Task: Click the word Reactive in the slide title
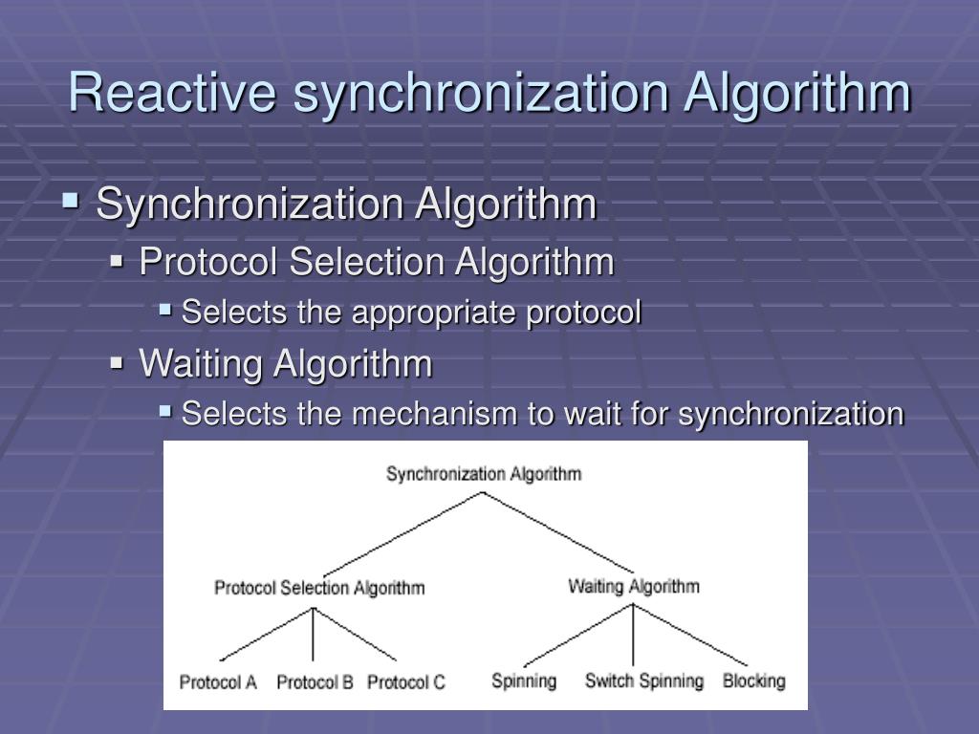coord(172,94)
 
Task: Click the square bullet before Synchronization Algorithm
coord(70,202)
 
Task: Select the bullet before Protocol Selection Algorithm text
coord(118,260)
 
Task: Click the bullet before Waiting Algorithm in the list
coord(118,363)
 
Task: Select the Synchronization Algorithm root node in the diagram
coord(484,473)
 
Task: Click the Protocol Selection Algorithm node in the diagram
coord(319,588)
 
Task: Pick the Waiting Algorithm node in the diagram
coord(633,586)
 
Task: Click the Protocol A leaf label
coord(218,682)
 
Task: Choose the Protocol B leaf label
coord(315,682)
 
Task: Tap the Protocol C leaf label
coord(406,682)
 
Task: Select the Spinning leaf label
coord(523,680)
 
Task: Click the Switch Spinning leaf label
coord(643,680)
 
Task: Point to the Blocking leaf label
coord(753,680)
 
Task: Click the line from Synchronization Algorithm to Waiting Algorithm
coord(559,532)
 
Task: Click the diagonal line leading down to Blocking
coord(690,635)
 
